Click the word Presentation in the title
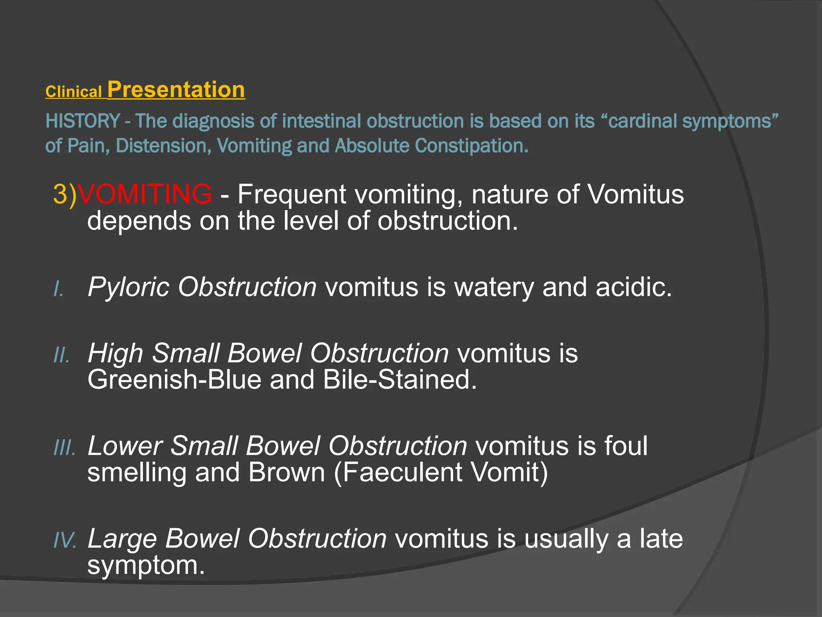pyautogui.click(x=176, y=90)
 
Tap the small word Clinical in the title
pyautogui.click(x=73, y=92)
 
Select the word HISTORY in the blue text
pyautogui.click(x=83, y=121)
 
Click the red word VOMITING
pyautogui.click(x=144, y=194)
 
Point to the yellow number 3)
pyautogui.click(x=65, y=194)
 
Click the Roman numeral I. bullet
pyautogui.click(x=59, y=289)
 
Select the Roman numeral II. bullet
pyautogui.click(x=62, y=355)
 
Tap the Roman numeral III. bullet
pyautogui.click(x=65, y=447)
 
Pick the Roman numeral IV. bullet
pyautogui.click(x=65, y=540)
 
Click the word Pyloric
pyautogui.click(x=128, y=287)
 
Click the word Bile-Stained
pyautogui.click(x=400, y=380)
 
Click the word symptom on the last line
pyautogui.click(x=145, y=566)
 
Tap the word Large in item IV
pyautogui.click(x=122, y=539)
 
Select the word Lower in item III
pyautogui.click(x=124, y=446)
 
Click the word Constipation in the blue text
pyautogui.click(x=471, y=146)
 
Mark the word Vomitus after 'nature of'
pyautogui.click(x=635, y=194)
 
